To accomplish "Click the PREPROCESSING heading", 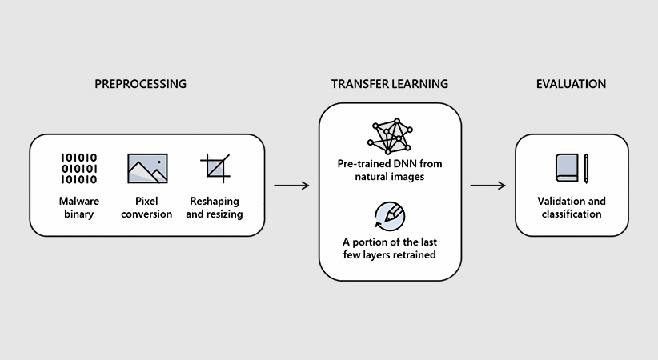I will coord(141,84).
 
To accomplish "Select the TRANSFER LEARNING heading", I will coord(390,84).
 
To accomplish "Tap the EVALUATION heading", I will coord(571,84).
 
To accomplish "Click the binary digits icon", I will coord(79,169).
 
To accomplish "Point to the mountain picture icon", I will coord(147,169).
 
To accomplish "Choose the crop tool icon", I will coord(214,168).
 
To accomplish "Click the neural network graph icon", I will coord(390,137).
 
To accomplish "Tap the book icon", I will coord(566,168).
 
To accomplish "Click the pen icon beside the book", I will coord(586,168).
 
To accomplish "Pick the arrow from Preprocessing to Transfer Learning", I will coord(291,186).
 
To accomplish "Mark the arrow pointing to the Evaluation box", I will coord(487,186).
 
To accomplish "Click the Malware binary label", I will coord(79,207).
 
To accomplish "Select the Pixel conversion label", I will coord(147,207).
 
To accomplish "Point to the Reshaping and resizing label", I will coord(215,207).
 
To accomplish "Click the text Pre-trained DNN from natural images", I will coord(390,170).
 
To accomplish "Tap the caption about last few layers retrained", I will coord(390,249).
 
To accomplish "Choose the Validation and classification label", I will coord(571,207).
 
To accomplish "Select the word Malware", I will coord(79,201).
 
